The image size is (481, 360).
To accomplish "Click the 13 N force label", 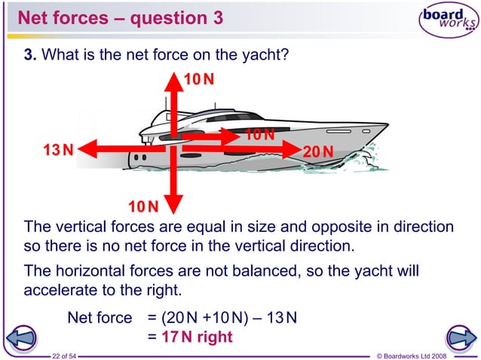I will point(57,150).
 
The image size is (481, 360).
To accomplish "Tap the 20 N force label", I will point(317,151).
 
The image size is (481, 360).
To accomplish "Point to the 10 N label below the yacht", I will point(142,206).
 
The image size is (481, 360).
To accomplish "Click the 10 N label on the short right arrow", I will point(259,135).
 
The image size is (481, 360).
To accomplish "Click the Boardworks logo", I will point(449,20).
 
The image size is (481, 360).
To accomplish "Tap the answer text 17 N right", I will point(198,337).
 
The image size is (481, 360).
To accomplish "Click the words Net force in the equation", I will point(100,317).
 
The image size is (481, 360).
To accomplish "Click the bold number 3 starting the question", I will point(31,54).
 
